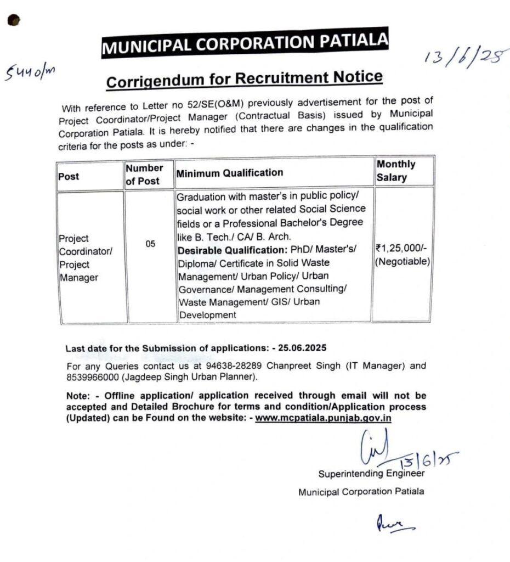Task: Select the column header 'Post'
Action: click(69, 176)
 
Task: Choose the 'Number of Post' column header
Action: click(144, 174)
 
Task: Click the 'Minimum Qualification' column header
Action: click(229, 173)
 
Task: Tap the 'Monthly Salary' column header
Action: click(396, 171)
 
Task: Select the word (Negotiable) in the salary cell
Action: click(403, 262)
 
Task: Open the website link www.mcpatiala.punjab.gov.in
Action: click(323, 418)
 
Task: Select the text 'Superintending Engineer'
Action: click(371, 474)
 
